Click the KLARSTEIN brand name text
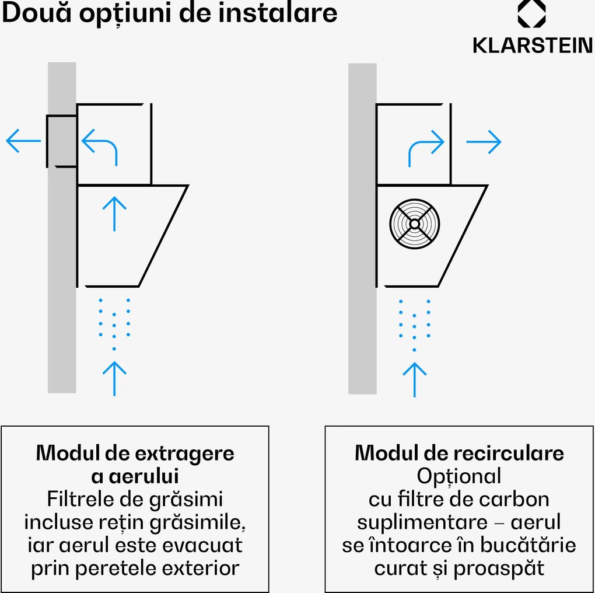pos(533,46)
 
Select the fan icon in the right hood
pos(414,224)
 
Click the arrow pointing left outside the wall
pos(23,141)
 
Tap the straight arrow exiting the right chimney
pos(484,142)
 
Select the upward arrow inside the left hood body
pos(114,214)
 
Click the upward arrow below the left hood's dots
pos(114,378)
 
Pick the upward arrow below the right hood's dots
pos(414,379)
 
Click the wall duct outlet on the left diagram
pos(61,141)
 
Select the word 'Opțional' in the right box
pos(459,477)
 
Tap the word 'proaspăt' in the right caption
pos(499,568)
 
